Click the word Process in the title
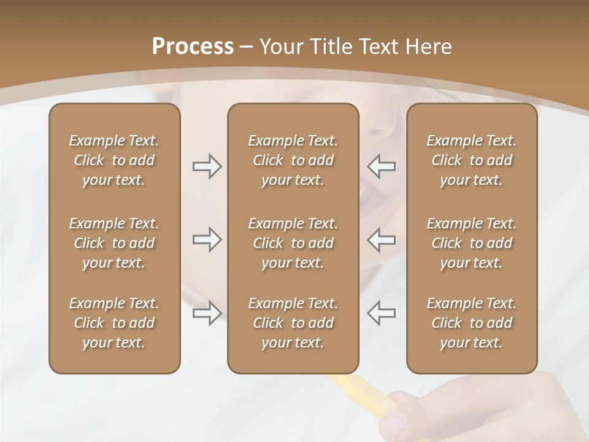(x=193, y=47)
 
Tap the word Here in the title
(x=428, y=47)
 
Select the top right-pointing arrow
(x=207, y=166)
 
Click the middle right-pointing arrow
(x=207, y=239)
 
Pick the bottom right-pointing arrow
(x=207, y=313)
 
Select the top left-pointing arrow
(x=381, y=166)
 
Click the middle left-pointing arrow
(x=381, y=239)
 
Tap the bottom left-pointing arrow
(x=381, y=313)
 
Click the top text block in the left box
(x=114, y=160)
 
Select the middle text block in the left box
(x=114, y=243)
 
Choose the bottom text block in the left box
(x=114, y=323)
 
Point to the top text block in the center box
(x=293, y=160)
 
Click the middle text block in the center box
(x=293, y=243)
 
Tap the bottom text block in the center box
(x=293, y=323)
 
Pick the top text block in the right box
(x=471, y=160)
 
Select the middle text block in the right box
(x=471, y=243)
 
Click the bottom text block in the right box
(x=471, y=323)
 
